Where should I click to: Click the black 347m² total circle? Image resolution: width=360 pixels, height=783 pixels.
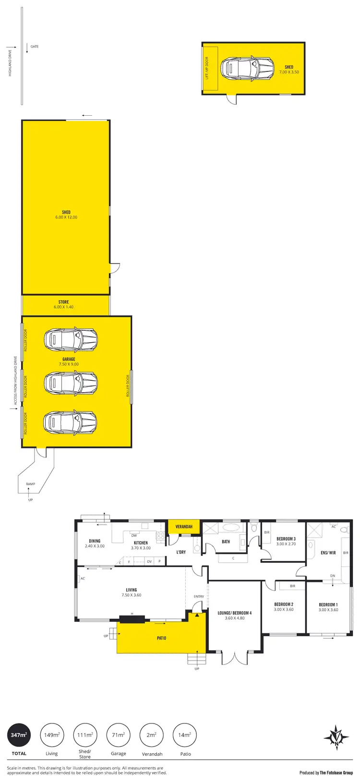(x=19, y=735)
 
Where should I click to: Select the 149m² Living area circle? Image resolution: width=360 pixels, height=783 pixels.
(x=52, y=735)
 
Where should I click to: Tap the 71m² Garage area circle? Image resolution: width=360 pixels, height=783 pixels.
(x=118, y=735)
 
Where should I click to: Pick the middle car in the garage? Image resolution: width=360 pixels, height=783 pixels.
(x=71, y=382)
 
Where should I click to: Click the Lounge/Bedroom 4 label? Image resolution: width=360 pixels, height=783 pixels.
(x=234, y=615)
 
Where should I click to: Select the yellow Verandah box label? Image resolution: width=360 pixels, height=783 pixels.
(x=184, y=527)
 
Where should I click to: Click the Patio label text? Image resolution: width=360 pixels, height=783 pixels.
(x=161, y=638)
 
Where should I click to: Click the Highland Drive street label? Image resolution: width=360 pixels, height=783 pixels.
(x=10, y=63)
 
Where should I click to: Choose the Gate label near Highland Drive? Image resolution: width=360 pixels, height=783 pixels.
(x=35, y=47)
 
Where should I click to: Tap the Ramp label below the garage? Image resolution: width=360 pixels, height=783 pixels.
(x=30, y=484)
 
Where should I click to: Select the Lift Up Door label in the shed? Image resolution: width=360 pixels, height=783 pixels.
(x=207, y=68)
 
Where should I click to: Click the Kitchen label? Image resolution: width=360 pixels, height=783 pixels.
(x=141, y=543)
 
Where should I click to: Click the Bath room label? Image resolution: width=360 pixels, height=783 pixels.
(x=226, y=542)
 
